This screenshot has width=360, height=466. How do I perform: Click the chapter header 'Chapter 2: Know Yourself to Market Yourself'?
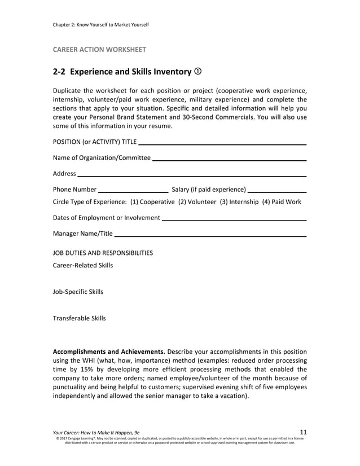pos(100,24)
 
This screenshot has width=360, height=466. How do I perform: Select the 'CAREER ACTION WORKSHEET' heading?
pos(99,50)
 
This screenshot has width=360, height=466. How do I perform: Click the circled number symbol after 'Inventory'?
pos(198,72)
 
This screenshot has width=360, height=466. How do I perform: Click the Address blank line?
pos(192,175)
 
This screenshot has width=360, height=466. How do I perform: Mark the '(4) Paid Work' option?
pos(282,202)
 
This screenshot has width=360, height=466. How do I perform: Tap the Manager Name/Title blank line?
pos(210,235)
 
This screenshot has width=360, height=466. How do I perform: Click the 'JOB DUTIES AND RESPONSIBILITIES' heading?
pos(102,253)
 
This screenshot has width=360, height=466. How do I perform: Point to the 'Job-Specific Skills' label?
pos(78,292)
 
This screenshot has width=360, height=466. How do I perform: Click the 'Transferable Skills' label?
pos(79,318)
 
